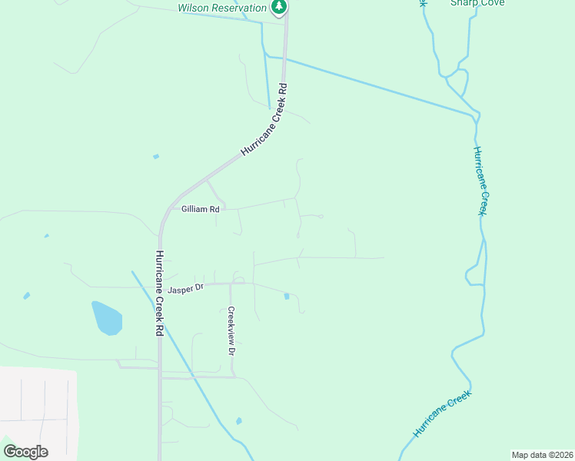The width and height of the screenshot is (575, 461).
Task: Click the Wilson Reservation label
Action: pos(222,8)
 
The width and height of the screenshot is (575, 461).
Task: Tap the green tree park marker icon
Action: pos(279,8)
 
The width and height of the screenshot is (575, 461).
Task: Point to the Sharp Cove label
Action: pos(477,3)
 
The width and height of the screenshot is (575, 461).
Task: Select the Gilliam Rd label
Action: pos(200,209)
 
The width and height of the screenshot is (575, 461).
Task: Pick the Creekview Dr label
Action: pos(230,330)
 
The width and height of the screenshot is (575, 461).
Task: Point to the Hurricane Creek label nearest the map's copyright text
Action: pos(441,414)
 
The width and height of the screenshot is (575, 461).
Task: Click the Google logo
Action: pos(25,452)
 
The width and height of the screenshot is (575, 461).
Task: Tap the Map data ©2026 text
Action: pos(542,455)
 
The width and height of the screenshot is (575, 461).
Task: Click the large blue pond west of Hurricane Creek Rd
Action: pos(107,317)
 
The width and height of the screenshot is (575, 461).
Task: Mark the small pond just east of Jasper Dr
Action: pos(287,296)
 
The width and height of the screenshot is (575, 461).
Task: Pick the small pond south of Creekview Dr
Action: pos(239,421)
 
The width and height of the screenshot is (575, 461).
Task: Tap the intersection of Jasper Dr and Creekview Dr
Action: pos(230,283)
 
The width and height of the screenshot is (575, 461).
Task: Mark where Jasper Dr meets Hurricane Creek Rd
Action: pos(160,287)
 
